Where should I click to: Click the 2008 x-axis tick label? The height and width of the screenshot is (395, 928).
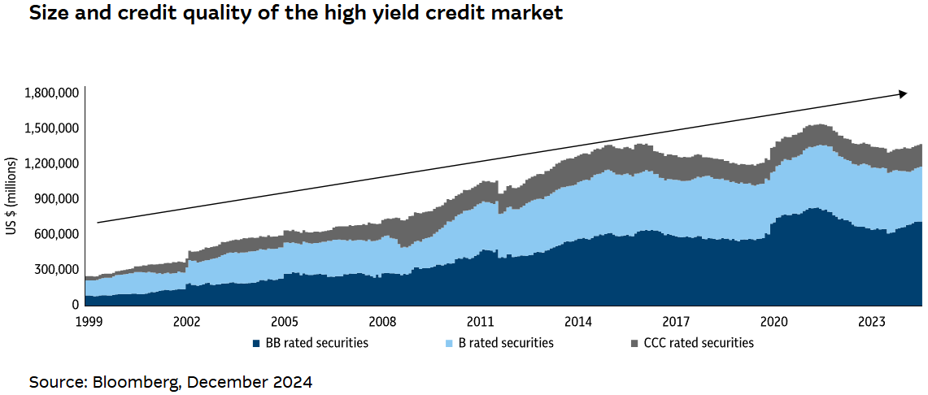382,321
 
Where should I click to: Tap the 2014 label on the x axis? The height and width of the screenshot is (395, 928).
578,321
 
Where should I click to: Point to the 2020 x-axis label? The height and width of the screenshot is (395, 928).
774,321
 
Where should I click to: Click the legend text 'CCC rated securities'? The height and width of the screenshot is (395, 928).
699,343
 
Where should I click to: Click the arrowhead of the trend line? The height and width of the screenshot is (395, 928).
903,94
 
